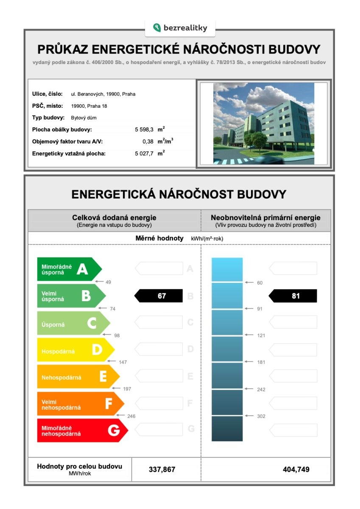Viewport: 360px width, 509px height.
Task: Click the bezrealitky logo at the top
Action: (180, 28)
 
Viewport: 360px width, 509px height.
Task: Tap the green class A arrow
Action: (68, 269)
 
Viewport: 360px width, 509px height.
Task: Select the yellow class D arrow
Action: (74, 350)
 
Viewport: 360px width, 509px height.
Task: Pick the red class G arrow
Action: (81, 431)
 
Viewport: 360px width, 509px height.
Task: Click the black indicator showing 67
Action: (159, 296)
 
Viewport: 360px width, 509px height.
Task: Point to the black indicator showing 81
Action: (293, 296)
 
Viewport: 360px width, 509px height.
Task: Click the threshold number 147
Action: (123, 362)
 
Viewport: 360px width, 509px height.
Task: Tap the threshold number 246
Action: (131, 416)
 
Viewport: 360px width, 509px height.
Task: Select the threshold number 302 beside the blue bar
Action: (261, 416)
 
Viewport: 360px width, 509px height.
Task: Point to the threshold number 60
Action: (260, 282)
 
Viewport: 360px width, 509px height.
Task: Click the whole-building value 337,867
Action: (162, 470)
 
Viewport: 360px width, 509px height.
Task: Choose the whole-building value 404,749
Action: (296, 470)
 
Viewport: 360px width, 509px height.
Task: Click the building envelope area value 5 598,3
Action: (144, 129)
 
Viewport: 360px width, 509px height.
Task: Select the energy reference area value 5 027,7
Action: (144, 153)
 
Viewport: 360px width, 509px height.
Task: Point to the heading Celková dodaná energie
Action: (114, 218)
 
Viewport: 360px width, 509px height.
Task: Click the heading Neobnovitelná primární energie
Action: (265, 218)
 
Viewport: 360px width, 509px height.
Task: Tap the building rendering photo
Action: (263, 123)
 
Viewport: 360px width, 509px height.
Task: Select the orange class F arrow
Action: (78, 404)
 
